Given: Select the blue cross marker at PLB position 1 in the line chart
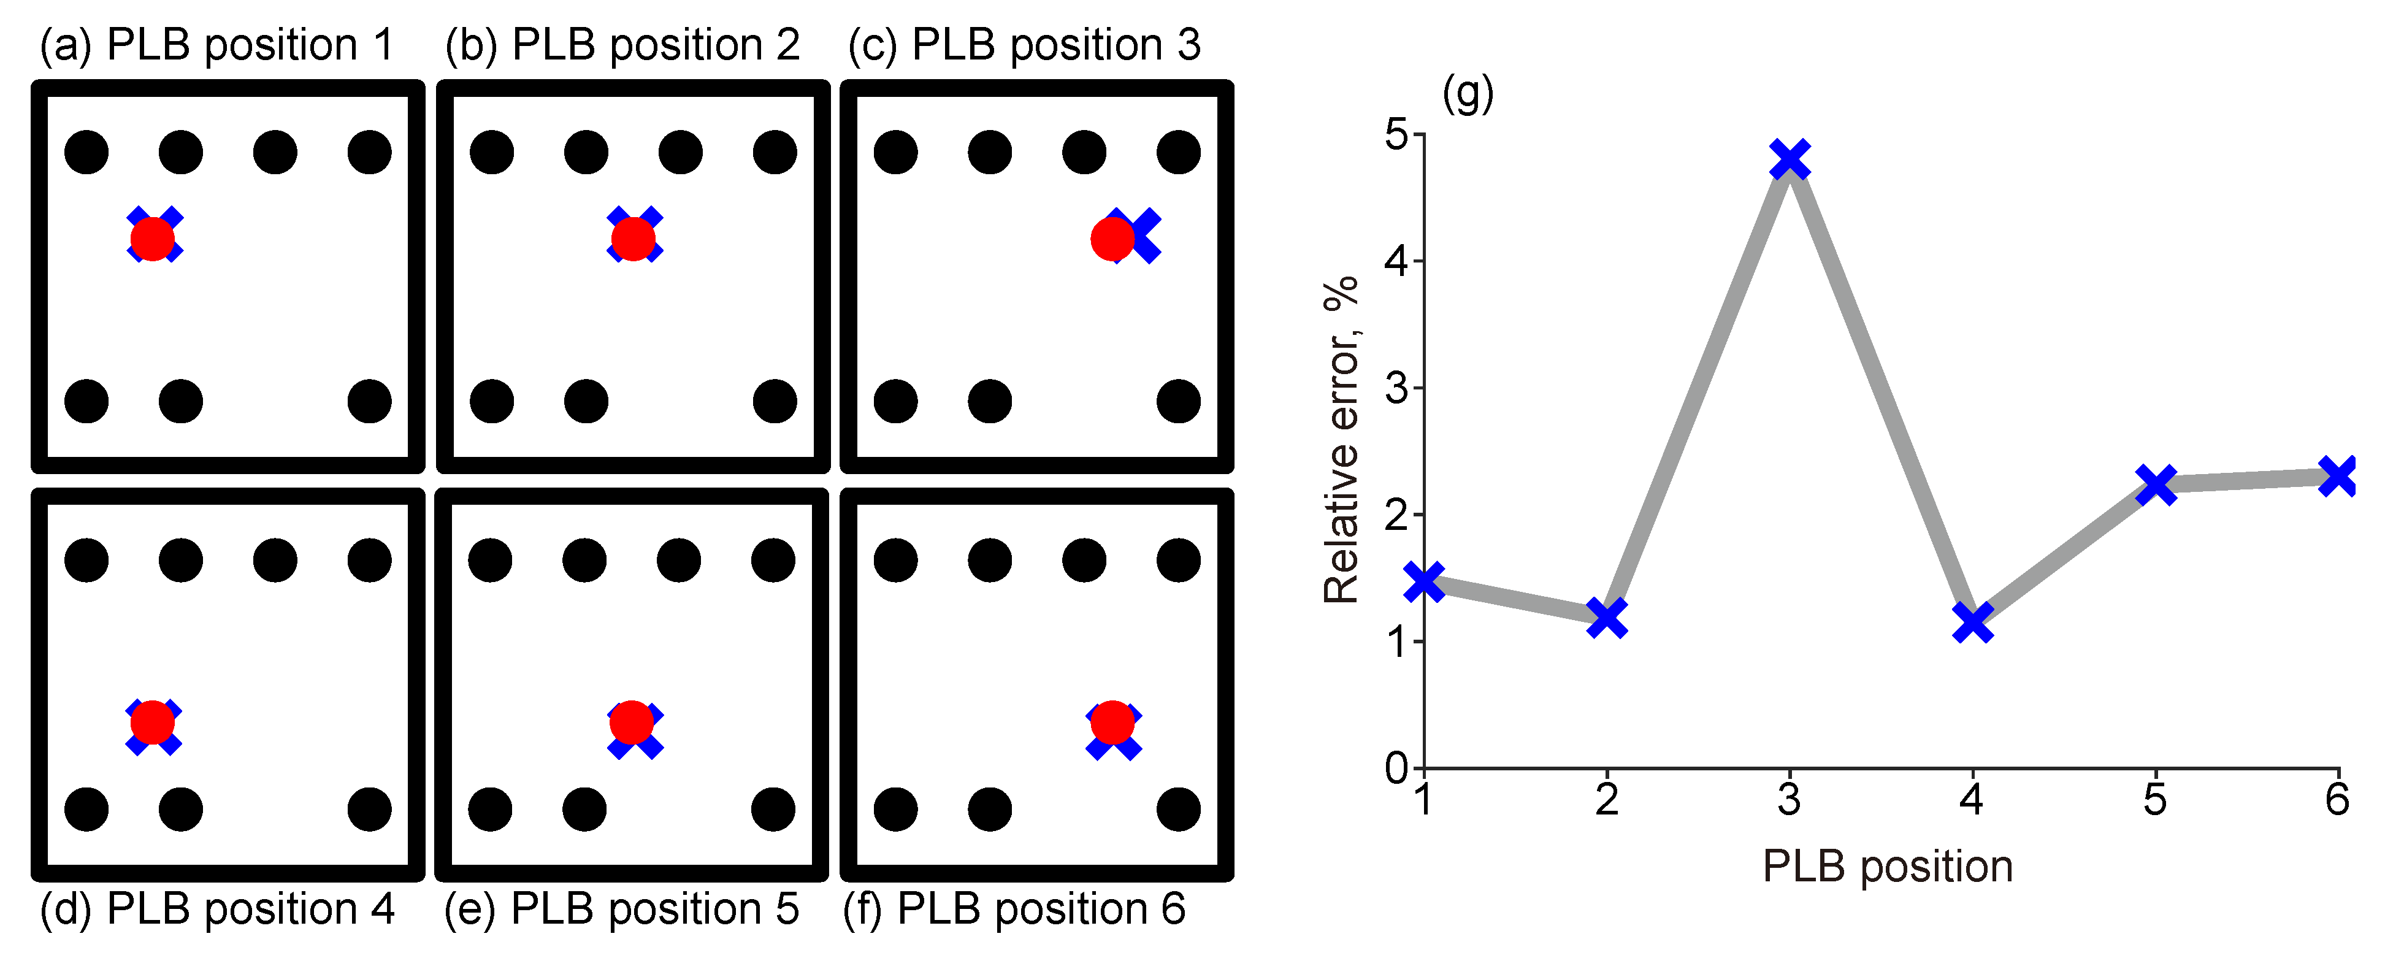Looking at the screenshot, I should pos(1425,581).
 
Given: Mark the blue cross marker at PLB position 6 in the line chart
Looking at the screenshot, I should pos(2337,477).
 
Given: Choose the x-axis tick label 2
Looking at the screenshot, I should pos(1606,800).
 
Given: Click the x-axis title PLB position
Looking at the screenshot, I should pos(1887,867).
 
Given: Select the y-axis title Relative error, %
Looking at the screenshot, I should pos(1340,440).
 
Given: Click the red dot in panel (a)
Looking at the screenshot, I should pos(153,239).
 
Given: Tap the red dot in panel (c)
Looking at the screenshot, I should pos(1112,239).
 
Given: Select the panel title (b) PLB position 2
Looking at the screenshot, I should pos(622,44).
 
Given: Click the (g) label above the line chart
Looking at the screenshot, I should pos(1468,93).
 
